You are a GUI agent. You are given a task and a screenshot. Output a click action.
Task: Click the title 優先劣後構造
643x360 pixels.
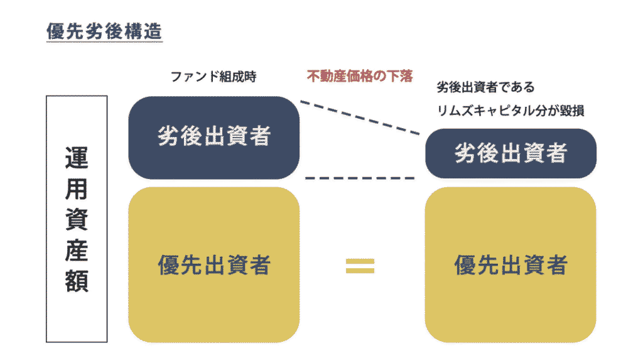[104, 31]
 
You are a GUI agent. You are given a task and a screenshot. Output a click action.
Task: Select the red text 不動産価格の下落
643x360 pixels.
[360, 77]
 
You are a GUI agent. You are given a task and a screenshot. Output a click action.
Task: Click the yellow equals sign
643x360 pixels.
[360, 266]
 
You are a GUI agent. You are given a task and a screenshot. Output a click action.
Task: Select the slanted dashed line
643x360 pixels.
[360, 117]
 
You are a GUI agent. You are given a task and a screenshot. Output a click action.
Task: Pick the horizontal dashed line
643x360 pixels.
[360, 178]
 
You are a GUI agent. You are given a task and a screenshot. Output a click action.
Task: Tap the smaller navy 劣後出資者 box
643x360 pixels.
[511, 153]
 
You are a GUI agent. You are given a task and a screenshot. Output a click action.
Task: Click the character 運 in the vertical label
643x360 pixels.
[77, 159]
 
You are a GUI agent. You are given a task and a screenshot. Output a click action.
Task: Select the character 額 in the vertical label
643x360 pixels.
[77, 281]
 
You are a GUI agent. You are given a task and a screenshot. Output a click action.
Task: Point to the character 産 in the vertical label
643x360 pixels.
[77, 251]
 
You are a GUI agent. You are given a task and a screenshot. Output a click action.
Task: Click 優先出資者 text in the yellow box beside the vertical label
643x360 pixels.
[213, 265]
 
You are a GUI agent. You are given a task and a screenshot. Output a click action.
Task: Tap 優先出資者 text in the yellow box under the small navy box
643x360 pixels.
[511, 265]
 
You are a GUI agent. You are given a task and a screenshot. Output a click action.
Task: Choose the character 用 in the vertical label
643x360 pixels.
[77, 189]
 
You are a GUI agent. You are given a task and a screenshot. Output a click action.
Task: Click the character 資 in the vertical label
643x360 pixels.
[77, 220]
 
